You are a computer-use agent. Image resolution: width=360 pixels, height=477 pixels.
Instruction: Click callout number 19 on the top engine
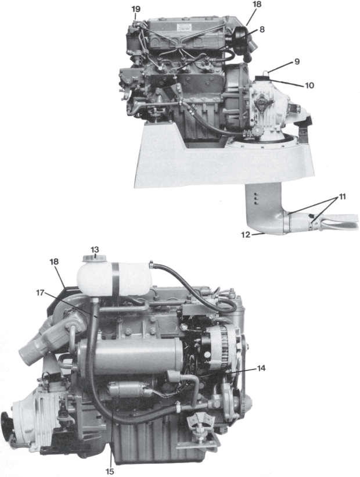click(x=136, y=9)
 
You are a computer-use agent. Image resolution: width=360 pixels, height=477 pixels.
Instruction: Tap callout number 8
click(x=262, y=29)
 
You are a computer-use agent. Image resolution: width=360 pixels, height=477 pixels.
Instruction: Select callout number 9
click(x=297, y=62)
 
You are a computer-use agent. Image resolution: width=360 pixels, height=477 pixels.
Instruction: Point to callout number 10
click(x=309, y=85)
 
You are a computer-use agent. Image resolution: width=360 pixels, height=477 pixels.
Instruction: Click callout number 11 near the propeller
click(x=342, y=197)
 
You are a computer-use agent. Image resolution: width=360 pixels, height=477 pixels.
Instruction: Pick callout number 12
click(x=246, y=235)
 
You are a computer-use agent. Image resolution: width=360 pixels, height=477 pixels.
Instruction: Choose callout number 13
click(x=95, y=250)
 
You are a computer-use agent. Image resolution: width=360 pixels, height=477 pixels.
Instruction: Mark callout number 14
click(x=261, y=368)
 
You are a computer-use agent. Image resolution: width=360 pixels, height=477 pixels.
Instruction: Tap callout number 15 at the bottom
click(x=110, y=471)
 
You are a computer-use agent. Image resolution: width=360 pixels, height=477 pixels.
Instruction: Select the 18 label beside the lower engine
click(x=54, y=261)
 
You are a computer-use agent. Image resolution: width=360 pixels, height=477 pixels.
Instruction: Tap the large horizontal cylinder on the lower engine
click(x=131, y=357)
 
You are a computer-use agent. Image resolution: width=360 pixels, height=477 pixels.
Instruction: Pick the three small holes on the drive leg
click(x=256, y=198)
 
